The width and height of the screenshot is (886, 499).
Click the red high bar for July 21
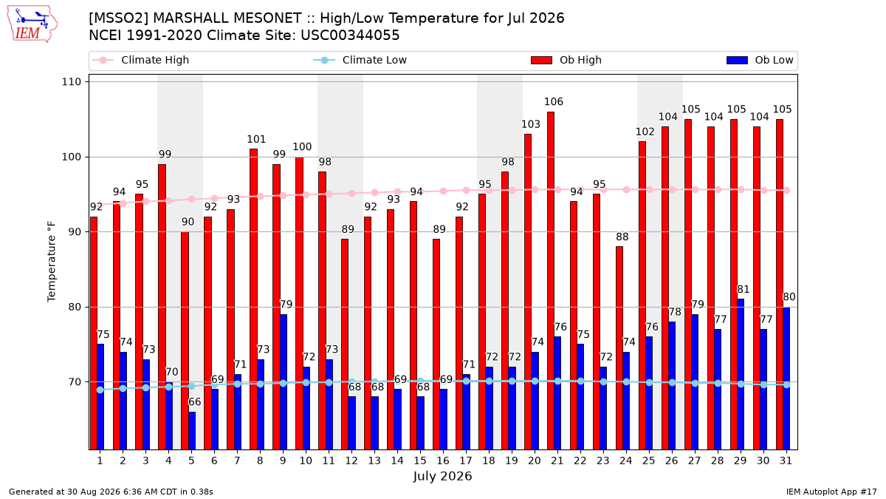[551, 281]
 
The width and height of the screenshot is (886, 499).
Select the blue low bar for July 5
[192, 431]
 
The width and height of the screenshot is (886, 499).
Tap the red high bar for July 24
[619, 348]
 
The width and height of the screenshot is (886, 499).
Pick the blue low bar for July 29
[741, 374]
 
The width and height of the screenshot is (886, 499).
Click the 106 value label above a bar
[553, 102]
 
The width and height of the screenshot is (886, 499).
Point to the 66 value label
[195, 402]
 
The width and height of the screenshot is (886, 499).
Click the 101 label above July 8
[256, 140]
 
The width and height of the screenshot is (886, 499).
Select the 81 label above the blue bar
[744, 290]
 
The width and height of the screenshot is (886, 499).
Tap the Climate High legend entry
[140, 60]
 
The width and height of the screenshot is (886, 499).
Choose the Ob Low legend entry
[760, 60]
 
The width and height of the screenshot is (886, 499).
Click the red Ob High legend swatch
[541, 60]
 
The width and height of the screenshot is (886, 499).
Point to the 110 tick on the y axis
[71, 82]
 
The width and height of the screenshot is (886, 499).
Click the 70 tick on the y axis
[75, 382]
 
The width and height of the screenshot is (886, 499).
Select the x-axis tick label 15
[420, 461]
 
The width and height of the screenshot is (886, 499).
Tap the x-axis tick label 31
[786, 461]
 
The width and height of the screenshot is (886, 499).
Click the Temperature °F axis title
[52, 262]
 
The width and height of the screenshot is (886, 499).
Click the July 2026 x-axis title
[442, 476]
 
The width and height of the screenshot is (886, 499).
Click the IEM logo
[32, 24]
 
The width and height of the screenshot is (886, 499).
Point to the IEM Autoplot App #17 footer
[831, 492]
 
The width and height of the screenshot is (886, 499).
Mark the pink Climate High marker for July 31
[787, 191]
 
